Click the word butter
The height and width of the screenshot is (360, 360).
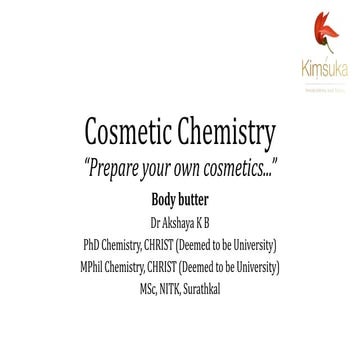(x=196, y=194)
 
